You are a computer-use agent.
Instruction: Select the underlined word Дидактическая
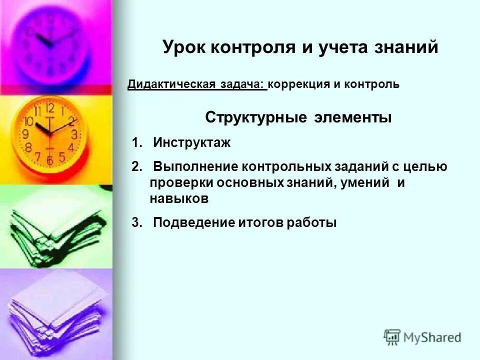point(170,84)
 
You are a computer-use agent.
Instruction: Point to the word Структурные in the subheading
point(256,118)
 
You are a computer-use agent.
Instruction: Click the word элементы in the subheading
point(353,118)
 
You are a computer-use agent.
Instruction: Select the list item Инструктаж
point(191,143)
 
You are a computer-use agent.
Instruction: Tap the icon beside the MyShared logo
point(392,337)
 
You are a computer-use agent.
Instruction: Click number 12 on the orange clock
point(49,107)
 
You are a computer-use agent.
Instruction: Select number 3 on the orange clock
point(74,134)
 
